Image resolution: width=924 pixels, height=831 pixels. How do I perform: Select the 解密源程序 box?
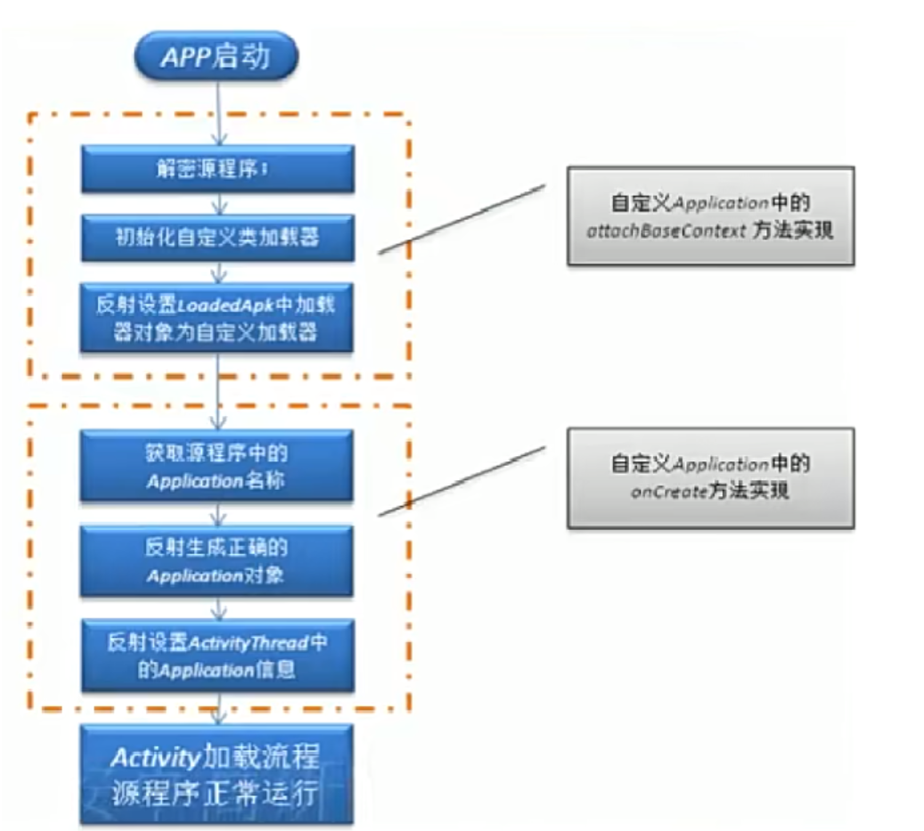pos(217,170)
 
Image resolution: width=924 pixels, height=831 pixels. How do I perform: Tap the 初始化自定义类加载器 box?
pos(217,237)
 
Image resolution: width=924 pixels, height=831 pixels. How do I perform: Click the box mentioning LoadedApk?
pos(217,318)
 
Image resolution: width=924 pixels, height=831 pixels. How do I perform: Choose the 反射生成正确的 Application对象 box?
pos(217,561)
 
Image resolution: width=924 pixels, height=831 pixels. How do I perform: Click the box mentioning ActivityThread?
pos(217,655)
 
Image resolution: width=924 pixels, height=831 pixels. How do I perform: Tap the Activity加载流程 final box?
pos(217,773)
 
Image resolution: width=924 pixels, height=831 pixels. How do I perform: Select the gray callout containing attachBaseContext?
pos(710,216)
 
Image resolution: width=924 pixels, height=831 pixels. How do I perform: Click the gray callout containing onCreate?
pos(710,477)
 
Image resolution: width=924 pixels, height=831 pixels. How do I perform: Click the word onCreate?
pos(658,491)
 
